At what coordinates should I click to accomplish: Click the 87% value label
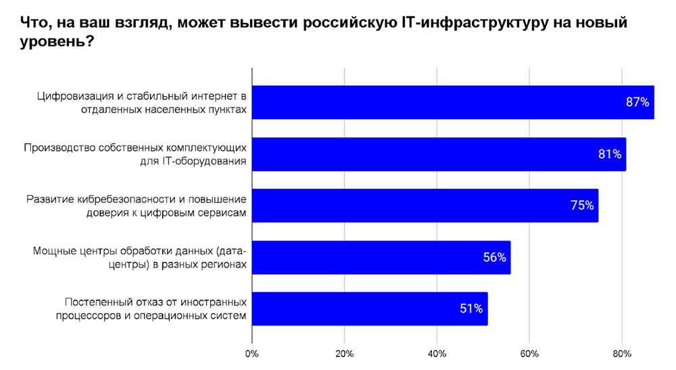pyautogui.click(x=637, y=103)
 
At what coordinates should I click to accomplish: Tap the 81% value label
pyautogui.click(x=609, y=154)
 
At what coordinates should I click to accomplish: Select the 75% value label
pyautogui.click(x=581, y=206)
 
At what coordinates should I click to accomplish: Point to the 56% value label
pyautogui.click(x=494, y=258)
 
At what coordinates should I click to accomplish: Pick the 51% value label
pyautogui.click(x=470, y=309)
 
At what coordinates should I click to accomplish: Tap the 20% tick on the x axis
pyautogui.click(x=344, y=354)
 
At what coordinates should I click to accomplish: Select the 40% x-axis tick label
pyautogui.click(x=437, y=354)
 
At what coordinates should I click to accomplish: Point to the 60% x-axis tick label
pyautogui.click(x=529, y=354)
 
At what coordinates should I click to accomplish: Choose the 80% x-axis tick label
pyautogui.click(x=621, y=354)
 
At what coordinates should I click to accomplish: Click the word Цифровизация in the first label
pyautogui.click(x=72, y=96)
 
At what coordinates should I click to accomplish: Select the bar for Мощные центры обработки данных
pyautogui.click(x=381, y=258)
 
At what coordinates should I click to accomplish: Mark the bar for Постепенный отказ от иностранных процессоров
pyautogui.click(x=370, y=309)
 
